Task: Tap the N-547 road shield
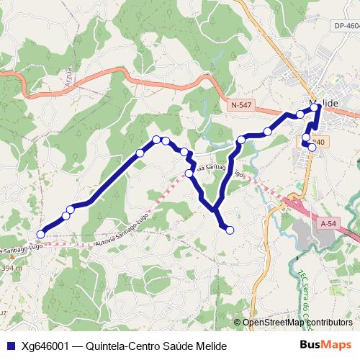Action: [x=241, y=105]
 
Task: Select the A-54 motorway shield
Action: [x=326, y=224]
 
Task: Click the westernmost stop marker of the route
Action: [x=41, y=234]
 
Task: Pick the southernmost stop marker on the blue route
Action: [x=230, y=230]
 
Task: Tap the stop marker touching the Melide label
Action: [x=315, y=107]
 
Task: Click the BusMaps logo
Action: [x=325, y=345]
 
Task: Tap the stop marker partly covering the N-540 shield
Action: [x=312, y=147]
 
